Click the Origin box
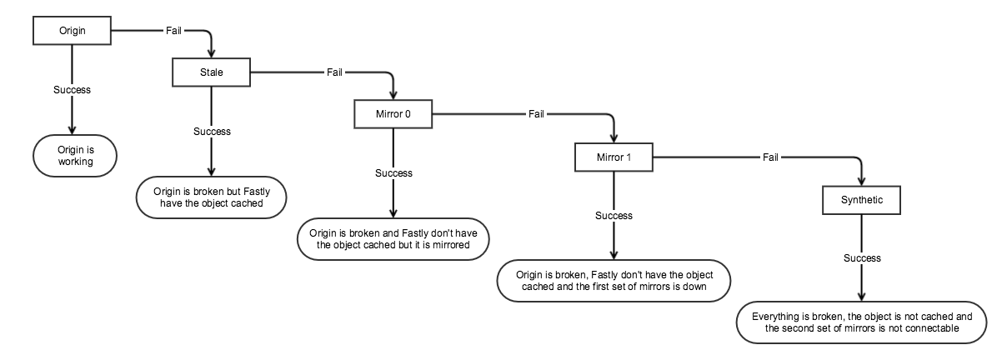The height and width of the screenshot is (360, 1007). [72, 31]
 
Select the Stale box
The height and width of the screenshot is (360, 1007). [211, 72]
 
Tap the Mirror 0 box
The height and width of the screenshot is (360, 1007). [393, 114]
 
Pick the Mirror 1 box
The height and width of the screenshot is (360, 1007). [614, 157]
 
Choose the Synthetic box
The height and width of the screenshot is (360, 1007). [861, 200]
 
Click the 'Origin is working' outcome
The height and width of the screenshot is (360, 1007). [75, 156]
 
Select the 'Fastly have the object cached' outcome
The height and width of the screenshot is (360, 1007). [211, 197]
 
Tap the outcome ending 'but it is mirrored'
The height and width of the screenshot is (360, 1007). [393, 239]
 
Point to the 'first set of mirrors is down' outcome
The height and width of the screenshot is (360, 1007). [614, 281]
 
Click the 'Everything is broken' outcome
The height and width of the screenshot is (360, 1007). [861, 322]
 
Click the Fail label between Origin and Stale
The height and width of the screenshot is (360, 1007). [173, 31]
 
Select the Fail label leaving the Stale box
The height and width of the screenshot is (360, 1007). [334, 72]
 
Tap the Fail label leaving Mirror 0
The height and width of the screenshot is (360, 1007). [536, 114]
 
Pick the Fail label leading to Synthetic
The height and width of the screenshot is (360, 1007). [770, 157]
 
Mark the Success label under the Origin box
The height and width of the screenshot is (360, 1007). [72, 90]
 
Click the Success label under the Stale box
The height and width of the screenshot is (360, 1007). [212, 132]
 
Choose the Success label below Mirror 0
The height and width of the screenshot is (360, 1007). [393, 173]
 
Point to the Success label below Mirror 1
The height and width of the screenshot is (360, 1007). [614, 216]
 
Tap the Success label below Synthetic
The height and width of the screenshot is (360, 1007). [862, 258]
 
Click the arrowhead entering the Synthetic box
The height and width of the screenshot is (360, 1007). [861, 182]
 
